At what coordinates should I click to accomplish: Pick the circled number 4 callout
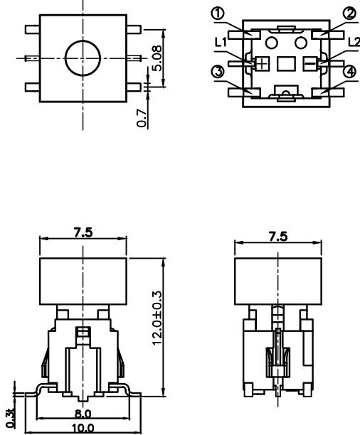pos(349,72)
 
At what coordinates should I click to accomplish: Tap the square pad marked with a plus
pos(263,63)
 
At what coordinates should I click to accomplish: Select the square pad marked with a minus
pos(309,63)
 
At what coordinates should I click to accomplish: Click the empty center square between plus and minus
pos(286,63)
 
